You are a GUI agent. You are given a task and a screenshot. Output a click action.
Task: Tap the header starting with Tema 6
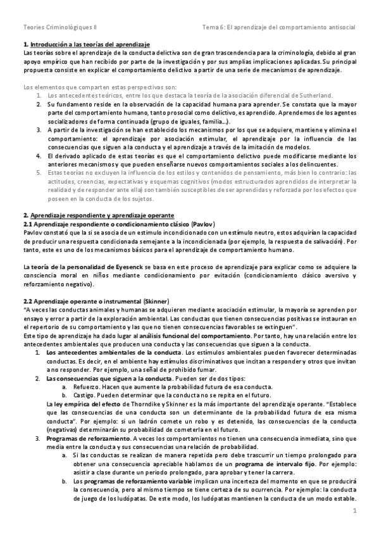278,28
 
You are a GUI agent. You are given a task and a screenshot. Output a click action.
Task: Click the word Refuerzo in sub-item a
87,387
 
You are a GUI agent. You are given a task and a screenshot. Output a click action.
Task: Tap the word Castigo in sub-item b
85,395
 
